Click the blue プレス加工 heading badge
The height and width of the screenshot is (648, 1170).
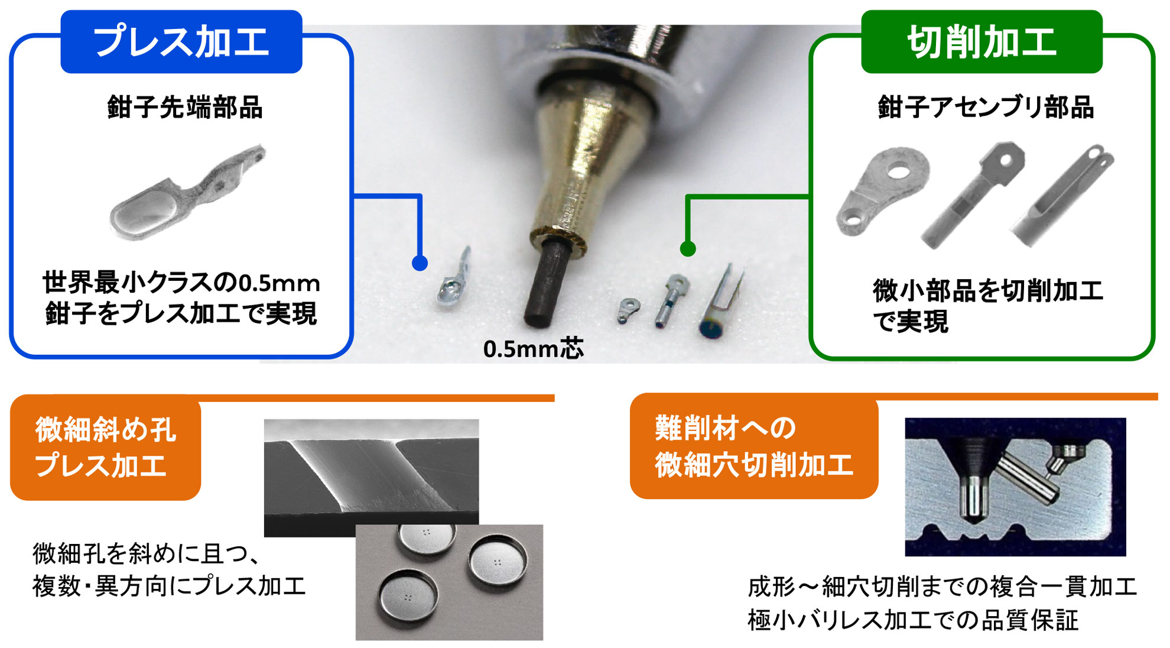click(x=181, y=42)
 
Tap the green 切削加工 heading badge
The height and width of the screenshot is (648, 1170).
click(x=981, y=42)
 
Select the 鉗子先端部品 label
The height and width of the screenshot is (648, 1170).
click(x=185, y=108)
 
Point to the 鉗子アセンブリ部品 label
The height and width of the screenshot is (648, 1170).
click(x=986, y=108)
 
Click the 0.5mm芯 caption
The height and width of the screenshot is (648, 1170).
click(x=533, y=349)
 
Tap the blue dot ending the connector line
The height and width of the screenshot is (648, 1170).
click(x=420, y=263)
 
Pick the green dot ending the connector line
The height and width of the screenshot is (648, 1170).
click(x=687, y=249)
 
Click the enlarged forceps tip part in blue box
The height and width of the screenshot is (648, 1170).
click(x=183, y=195)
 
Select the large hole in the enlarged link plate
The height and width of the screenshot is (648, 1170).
click(x=899, y=172)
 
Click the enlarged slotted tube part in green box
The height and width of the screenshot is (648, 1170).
click(x=1064, y=198)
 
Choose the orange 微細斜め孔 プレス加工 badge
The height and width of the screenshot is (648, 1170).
click(x=106, y=448)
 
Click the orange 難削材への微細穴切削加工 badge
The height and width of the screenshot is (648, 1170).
click(x=753, y=446)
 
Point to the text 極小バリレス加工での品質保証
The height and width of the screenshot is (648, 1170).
click(x=913, y=620)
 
